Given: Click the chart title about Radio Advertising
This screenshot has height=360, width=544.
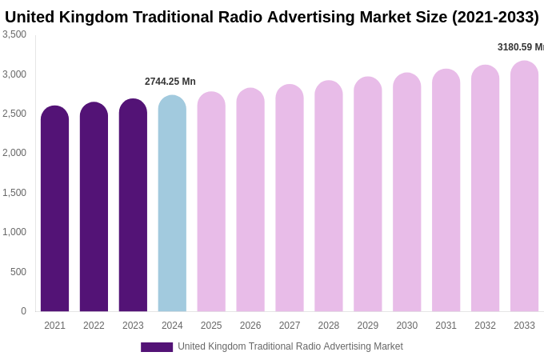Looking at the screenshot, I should point(272,17).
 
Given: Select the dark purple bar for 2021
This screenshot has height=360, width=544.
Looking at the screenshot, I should point(54,210).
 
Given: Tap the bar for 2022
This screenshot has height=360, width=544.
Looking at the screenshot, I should point(94,208).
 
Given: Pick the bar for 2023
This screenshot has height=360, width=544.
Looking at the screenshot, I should point(133,206).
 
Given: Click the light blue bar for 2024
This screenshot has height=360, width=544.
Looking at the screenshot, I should point(172,204).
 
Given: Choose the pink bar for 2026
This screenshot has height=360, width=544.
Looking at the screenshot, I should point(250,201).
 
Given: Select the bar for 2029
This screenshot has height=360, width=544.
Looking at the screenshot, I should point(368,195).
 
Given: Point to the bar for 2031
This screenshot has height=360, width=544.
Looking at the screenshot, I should point(446,191).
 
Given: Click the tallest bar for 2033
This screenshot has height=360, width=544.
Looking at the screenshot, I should point(524,187).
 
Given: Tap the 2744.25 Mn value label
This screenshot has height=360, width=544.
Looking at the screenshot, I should point(170,82).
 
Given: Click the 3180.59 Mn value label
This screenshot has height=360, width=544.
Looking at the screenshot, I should point(520,47).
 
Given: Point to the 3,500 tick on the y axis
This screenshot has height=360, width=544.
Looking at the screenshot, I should point(14,34).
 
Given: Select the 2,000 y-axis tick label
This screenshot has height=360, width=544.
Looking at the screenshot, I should point(14,153).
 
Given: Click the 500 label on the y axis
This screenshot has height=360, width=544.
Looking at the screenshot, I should point(18,272).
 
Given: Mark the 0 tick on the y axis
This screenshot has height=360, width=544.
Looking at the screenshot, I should point(23,311).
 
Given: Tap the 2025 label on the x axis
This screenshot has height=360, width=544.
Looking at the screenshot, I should point(211,326).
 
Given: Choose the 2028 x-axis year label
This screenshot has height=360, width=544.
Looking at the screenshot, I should point(329,326).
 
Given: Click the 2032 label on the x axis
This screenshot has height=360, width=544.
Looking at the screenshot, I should point(485,326).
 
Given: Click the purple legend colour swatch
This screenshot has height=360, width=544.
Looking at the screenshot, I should point(157,347).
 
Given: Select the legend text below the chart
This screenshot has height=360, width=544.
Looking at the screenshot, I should point(290,346).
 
